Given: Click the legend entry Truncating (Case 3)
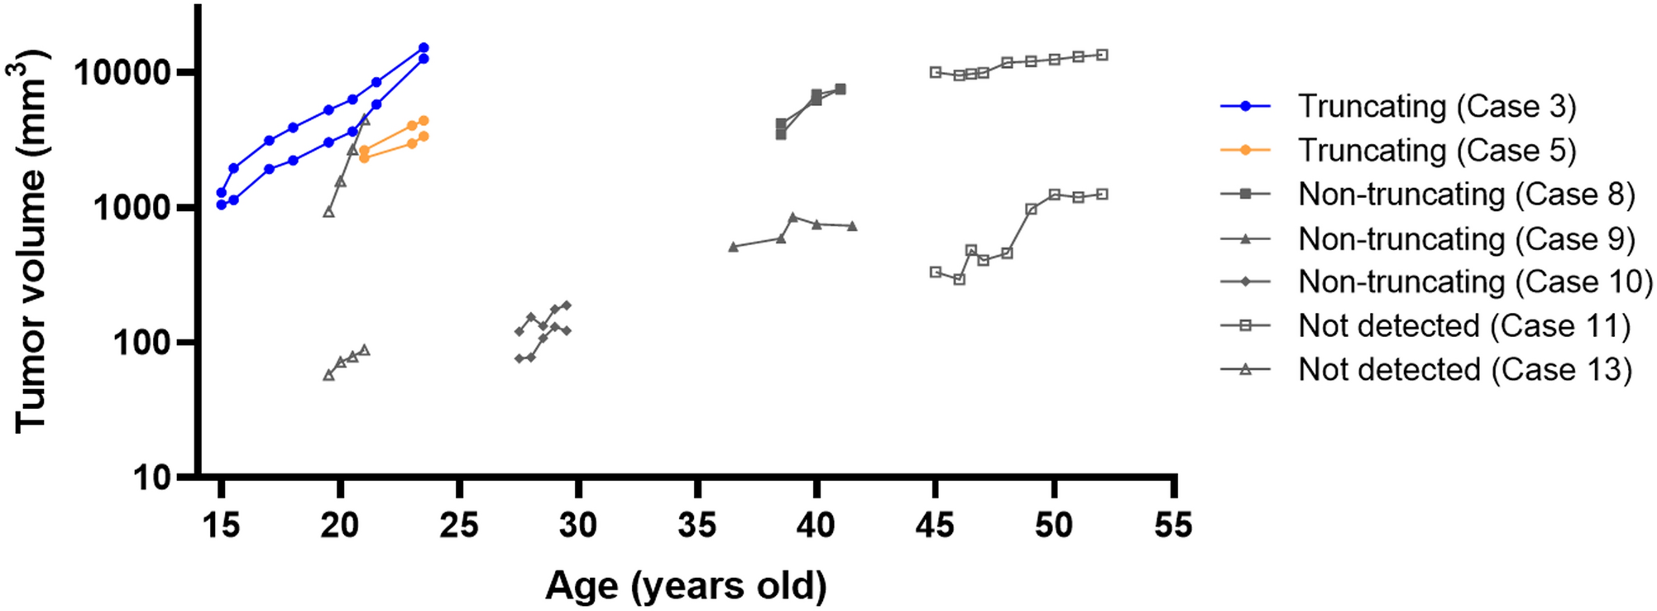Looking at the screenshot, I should (1436, 107).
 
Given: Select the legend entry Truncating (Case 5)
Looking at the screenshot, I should (1436, 151).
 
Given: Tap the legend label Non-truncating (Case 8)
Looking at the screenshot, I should (1466, 195).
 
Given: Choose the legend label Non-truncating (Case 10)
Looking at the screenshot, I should (1475, 282).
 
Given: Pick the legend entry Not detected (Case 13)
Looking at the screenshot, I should (1464, 370).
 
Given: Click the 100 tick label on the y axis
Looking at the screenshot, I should (141, 343).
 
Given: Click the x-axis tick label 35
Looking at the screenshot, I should (697, 525).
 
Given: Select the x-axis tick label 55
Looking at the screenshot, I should (1172, 525).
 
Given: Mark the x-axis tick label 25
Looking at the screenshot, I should (458, 525).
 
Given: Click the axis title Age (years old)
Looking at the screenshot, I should (686, 585).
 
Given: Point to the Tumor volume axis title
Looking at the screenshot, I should (30, 240).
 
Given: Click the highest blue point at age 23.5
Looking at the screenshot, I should (424, 48).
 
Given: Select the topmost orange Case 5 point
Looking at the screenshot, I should (424, 121).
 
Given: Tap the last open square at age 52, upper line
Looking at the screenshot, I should (1102, 55).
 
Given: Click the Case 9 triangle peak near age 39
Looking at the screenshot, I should (793, 217).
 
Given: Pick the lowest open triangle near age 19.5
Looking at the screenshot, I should (328, 375).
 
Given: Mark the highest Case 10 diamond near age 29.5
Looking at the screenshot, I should (567, 305).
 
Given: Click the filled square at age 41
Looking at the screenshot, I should (840, 89).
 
